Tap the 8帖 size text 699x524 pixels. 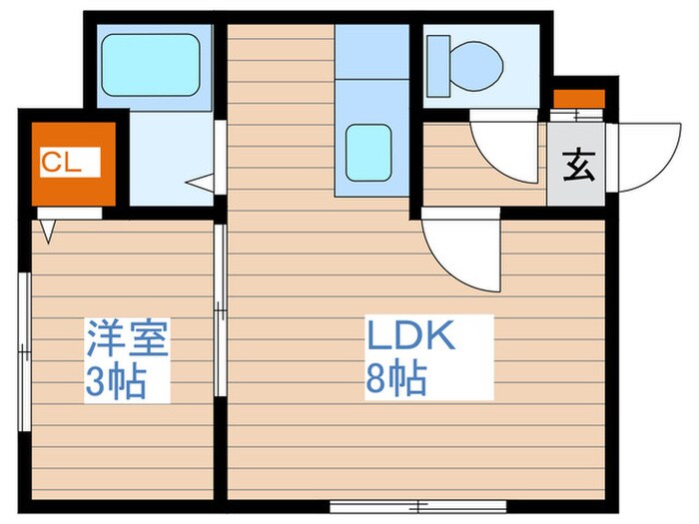coord(396,379)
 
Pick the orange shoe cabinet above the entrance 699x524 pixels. coord(579,99)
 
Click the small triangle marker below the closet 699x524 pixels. coord(48,231)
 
